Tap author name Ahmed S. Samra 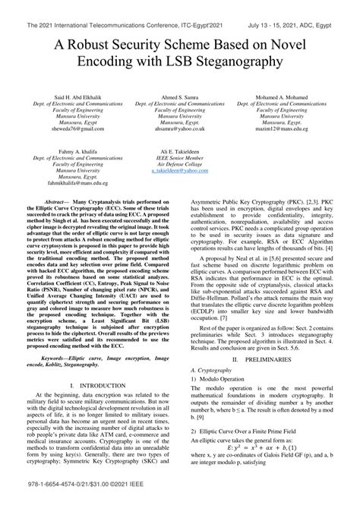(179, 99)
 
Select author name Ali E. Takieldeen (179, 152)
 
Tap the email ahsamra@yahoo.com (179, 129)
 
